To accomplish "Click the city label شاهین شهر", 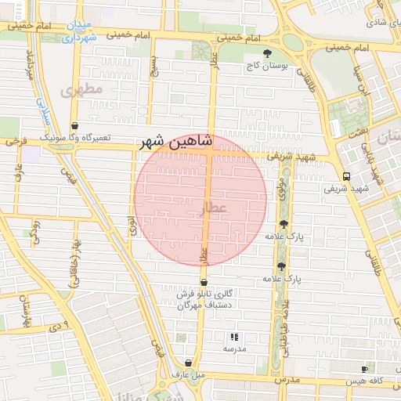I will pyautogui.click(x=175, y=142).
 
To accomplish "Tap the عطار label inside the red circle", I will pyautogui.click(x=212, y=208).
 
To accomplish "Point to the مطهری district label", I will pyautogui.click(x=80, y=90).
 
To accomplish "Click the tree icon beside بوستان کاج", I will pyautogui.click(x=269, y=53).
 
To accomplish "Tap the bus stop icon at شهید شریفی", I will pyautogui.click(x=346, y=175).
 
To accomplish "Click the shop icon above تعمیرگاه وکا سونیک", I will pyautogui.click(x=74, y=125).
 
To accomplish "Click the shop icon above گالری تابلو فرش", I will pyautogui.click(x=204, y=282).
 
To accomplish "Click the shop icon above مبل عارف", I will pyautogui.click(x=189, y=363).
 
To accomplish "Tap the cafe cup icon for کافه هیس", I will pyautogui.click(x=364, y=369).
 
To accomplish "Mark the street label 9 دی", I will pyautogui.click(x=60, y=323).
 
